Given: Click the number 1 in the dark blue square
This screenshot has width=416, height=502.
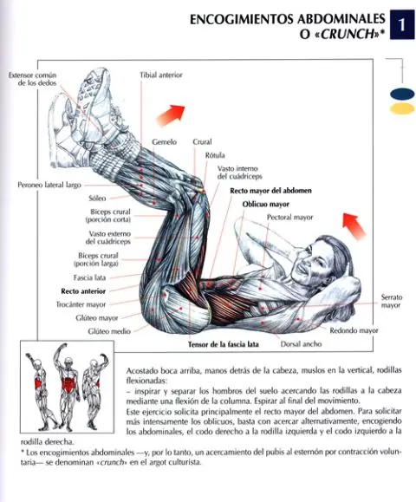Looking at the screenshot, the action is click(x=401, y=24).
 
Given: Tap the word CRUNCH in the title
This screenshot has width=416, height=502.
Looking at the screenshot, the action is click(x=348, y=34).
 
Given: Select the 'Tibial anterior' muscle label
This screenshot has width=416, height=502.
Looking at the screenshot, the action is click(x=161, y=75).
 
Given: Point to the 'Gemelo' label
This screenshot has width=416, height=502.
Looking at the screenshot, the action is click(x=164, y=141).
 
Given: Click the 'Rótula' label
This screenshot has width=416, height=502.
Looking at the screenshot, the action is click(x=215, y=155).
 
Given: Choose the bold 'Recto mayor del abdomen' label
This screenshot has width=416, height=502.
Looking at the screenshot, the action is click(x=270, y=191).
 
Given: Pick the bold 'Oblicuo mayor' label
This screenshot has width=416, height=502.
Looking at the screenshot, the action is click(x=265, y=205).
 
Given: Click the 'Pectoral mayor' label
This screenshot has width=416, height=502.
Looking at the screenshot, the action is click(x=290, y=218).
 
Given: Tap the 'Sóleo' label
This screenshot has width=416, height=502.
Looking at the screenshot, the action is click(x=97, y=199).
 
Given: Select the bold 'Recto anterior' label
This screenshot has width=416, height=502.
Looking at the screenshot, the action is click(x=83, y=291).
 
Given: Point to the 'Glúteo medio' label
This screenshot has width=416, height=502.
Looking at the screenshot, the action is click(x=109, y=331).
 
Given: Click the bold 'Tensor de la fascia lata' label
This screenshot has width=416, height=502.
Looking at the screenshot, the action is click(x=224, y=344).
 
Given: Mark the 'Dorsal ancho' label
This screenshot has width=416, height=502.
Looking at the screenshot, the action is click(x=301, y=344).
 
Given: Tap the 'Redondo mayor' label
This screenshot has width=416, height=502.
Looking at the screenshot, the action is click(x=354, y=330).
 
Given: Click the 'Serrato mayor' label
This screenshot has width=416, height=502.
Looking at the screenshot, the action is click(x=392, y=301).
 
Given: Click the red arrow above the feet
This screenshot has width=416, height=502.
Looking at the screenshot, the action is click(x=171, y=115).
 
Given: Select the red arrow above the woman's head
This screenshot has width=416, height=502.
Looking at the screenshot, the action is click(x=354, y=225).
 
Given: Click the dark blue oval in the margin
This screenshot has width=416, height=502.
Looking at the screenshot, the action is click(x=402, y=94).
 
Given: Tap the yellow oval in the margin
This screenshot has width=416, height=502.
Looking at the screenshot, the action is click(x=402, y=109).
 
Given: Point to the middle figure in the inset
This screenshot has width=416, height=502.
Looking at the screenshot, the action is click(x=67, y=387).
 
